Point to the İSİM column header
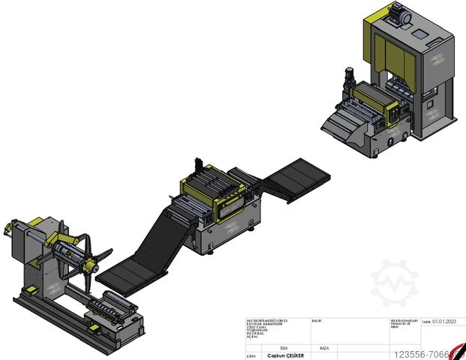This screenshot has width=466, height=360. pyautogui.click(x=283, y=348)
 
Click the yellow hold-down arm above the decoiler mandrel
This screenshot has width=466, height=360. pyautogui.click(x=59, y=244)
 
